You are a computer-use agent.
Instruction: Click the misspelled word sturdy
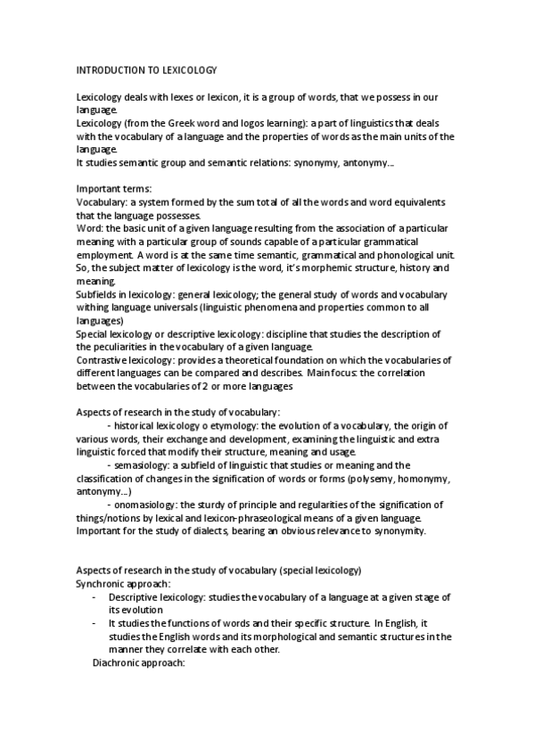point(230,504)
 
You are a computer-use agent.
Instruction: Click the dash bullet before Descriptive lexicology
point(95,596)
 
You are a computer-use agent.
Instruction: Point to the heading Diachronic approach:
point(138,662)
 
